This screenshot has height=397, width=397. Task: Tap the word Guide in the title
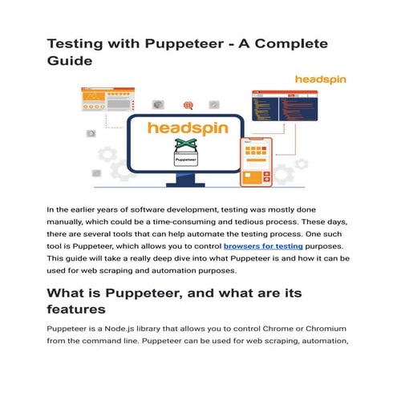(70, 60)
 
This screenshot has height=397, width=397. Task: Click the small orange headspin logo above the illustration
(319, 80)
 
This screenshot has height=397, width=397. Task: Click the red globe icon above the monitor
(188, 104)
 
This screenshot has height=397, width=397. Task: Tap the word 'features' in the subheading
(87, 310)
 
